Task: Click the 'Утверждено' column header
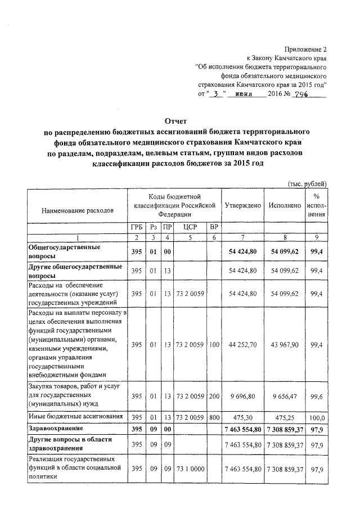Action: [x=242, y=206]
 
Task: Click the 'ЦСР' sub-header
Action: [x=189, y=227]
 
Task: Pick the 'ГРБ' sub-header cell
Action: [x=136, y=227]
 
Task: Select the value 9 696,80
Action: [x=243, y=396]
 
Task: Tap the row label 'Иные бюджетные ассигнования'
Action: [x=75, y=417]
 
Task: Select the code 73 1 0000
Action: [x=189, y=469]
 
